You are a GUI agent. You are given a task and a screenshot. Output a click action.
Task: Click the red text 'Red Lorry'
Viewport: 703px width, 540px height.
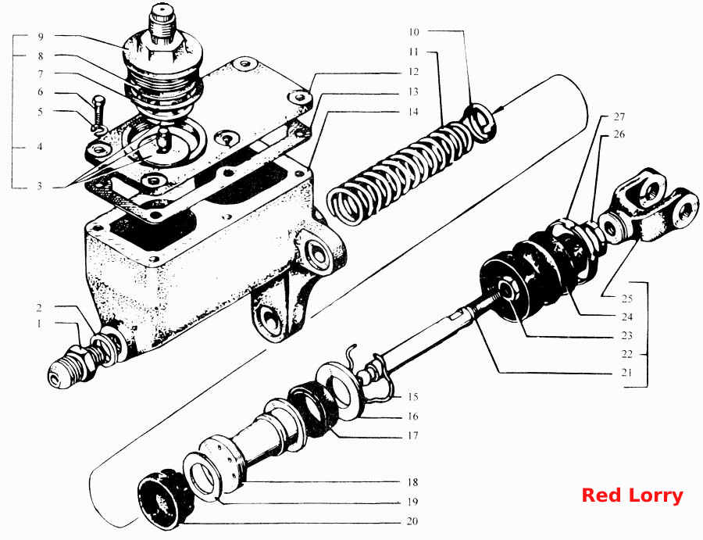coord(632,495)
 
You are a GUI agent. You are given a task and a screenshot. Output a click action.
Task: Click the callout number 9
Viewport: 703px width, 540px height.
coord(41,37)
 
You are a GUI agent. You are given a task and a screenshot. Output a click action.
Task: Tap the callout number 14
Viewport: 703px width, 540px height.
coord(413,111)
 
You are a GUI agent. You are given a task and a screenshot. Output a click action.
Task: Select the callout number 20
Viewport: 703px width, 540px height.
coord(412,521)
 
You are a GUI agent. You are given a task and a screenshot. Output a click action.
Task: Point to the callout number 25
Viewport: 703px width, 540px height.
coord(626,299)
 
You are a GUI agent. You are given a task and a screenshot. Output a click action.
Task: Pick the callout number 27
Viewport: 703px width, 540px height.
coord(619,116)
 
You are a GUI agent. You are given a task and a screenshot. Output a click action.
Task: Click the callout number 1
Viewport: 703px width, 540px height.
coord(40,324)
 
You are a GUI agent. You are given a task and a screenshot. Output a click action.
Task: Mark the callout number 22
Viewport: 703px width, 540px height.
coord(626,354)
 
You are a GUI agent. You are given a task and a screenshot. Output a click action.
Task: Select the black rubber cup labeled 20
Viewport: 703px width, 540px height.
coord(164,498)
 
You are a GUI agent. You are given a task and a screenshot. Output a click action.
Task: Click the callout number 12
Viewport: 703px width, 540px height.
coord(413,72)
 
